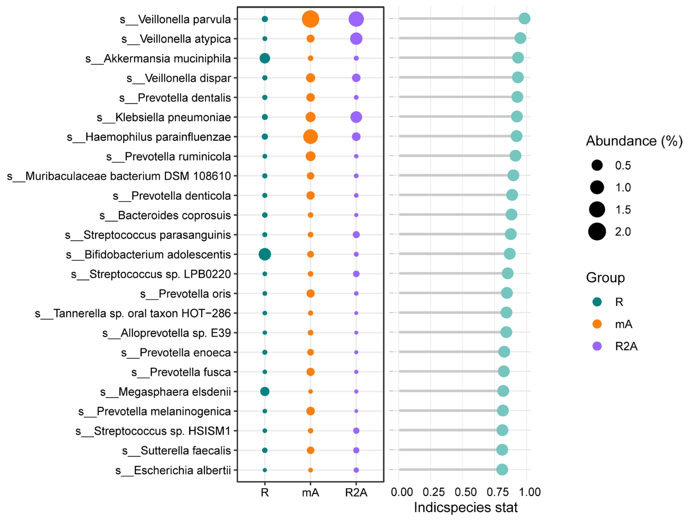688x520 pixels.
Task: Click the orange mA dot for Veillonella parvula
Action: (310, 19)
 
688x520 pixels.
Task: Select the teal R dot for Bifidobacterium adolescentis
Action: (265, 254)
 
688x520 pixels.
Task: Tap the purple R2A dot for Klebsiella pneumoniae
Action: (356, 117)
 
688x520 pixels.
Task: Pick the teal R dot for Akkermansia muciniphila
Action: (265, 58)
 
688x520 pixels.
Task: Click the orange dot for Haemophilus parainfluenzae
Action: (310, 136)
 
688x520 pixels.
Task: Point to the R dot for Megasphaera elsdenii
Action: (265, 391)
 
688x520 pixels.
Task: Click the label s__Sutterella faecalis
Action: (176, 450)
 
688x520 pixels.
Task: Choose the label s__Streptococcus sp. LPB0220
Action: (151, 274)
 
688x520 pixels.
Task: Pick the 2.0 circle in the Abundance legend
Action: (597, 231)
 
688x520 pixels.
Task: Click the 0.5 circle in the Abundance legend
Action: (597, 165)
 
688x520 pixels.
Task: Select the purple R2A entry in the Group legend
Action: (597, 346)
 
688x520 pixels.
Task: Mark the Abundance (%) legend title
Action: (634, 141)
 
